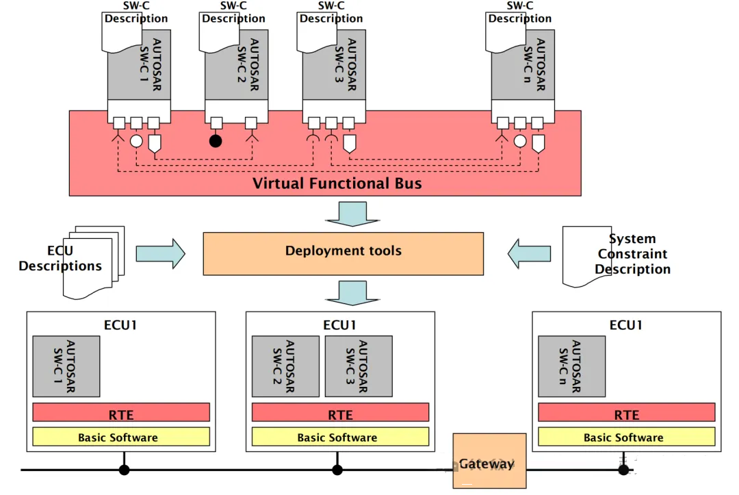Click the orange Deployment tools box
pyautogui.click(x=343, y=253)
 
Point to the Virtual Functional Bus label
pyautogui.click(x=337, y=183)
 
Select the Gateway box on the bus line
pyautogui.click(x=490, y=461)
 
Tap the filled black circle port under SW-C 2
pyautogui.click(x=216, y=140)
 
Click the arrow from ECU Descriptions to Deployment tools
pyautogui.click(x=161, y=253)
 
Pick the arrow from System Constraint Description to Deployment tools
pyautogui.click(x=529, y=253)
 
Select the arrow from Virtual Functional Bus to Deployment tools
pyautogui.click(x=352, y=214)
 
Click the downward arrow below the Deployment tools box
pyautogui.click(x=352, y=293)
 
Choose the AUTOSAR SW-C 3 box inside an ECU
pyautogui.click(x=359, y=366)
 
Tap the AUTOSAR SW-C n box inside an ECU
pyautogui.click(x=571, y=366)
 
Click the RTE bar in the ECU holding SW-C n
pyautogui.click(x=626, y=412)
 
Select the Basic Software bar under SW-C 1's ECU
pyautogui.click(x=121, y=437)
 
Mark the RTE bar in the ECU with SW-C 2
pyautogui.click(x=340, y=412)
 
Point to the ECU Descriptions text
pyautogui.click(x=60, y=258)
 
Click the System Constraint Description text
pyautogui.click(x=632, y=253)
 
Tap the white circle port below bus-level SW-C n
pyautogui.click(x=520, y=141)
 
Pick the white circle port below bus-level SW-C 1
pyautogui.click(x=136, y=141)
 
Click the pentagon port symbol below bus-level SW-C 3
pyautogui.click(x=349, y=144)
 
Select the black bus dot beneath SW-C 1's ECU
pyautogui.click(x=124, y=470)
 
